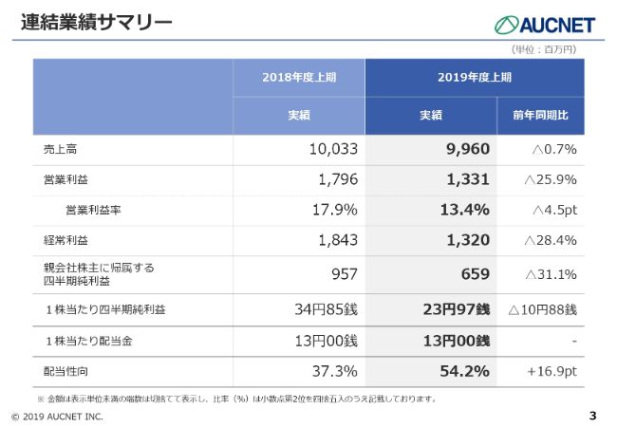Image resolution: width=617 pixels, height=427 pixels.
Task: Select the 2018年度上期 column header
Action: (299, 77)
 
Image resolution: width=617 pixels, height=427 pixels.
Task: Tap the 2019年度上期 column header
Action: (475, 77)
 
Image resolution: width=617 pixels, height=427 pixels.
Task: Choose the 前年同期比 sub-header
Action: (540, 115)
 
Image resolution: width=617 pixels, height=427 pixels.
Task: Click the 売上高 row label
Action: (60, 149)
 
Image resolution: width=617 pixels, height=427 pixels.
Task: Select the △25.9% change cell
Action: (551, 179)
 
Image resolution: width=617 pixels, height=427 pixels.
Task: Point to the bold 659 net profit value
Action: (473, 274)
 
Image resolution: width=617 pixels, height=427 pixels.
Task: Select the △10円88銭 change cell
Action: (542, 309)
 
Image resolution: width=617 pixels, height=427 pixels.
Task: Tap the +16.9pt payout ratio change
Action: (552, 371)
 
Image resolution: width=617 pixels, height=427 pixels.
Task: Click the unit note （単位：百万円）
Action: (545, 48)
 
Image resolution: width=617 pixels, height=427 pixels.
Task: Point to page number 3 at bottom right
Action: (593, 416)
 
